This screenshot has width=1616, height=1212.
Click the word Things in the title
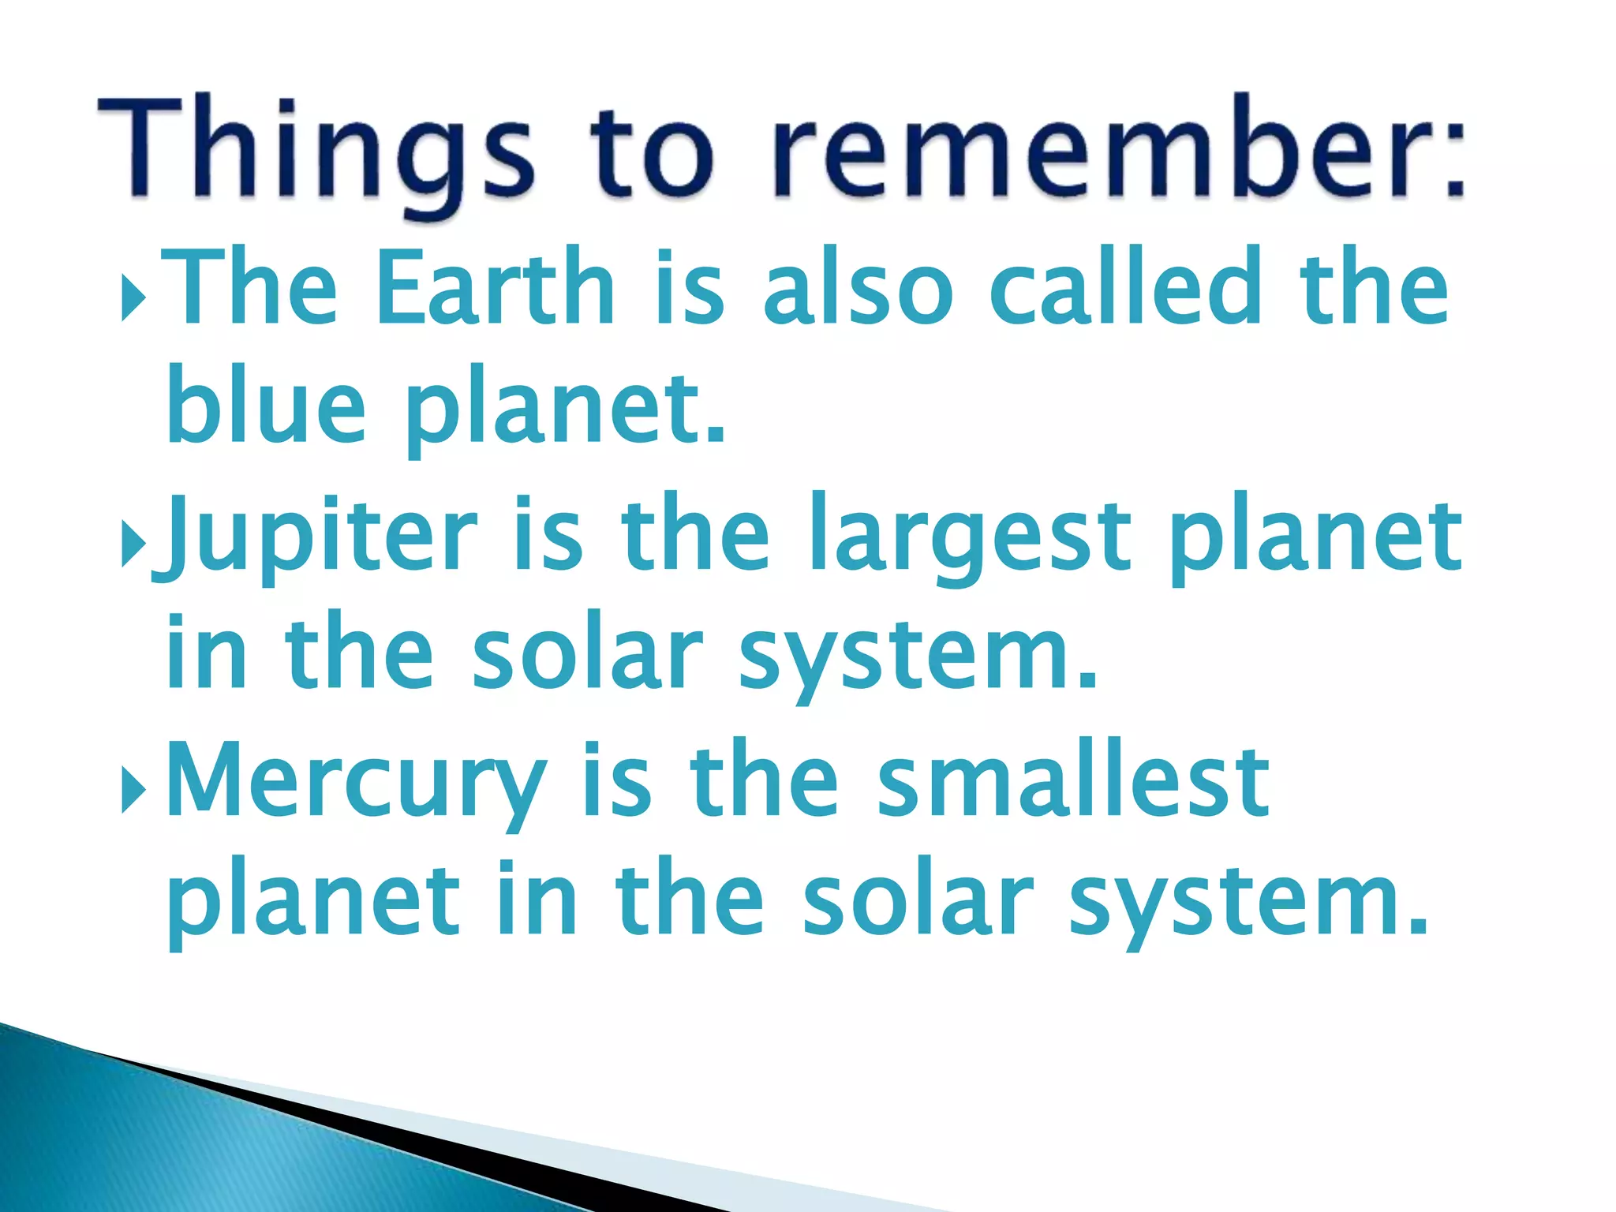(316, 150)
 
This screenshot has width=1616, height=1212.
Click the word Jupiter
(316, 537)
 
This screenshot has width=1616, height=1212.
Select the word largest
(971, 537)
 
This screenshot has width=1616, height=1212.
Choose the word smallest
(1073, 781)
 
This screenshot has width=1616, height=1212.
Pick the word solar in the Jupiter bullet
(588, 655)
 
